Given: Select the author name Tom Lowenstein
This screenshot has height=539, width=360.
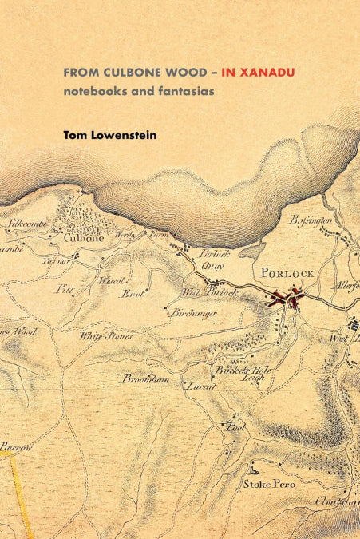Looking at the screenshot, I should [110, 135].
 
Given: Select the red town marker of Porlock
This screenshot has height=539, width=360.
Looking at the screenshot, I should [286, 299].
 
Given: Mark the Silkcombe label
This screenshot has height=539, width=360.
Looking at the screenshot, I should [29, 223].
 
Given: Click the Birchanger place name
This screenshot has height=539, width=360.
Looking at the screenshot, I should [194, 314].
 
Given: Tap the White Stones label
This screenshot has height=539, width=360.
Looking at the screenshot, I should [105, 336].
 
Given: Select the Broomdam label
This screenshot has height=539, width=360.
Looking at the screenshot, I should [145, 380].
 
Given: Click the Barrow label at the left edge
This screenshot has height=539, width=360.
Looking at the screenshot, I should [16, 446].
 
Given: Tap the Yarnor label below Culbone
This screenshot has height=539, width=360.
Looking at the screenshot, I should [58, 260].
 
